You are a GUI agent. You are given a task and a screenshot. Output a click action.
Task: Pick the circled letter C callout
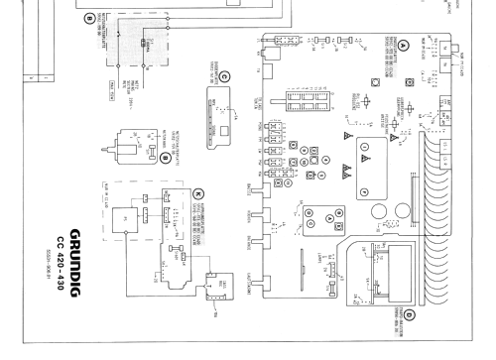coord(224,78)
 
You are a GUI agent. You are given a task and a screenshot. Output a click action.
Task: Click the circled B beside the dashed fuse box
coord(88,18)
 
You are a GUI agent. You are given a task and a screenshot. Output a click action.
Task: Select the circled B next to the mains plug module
coord(164,158)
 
